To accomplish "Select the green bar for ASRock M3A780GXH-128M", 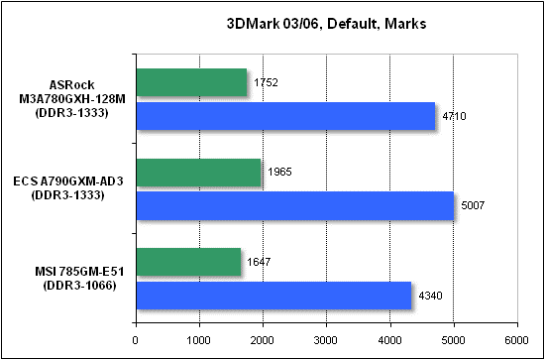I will pos(190,82).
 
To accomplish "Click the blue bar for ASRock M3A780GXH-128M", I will pos(284,116).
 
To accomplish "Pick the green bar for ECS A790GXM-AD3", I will pos(197,173).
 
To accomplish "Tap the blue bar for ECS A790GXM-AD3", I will pos(293,205).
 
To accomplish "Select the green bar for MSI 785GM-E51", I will pos(187,263).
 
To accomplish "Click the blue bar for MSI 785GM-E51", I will pos(272,296).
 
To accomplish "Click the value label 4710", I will pos(451,117).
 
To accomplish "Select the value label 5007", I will pos(470,206).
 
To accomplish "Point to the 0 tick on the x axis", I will pos(135,338).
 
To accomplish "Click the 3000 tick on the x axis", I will pos(326,338).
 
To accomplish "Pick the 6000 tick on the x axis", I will pos(516,338).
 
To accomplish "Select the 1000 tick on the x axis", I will pos(199,338).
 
